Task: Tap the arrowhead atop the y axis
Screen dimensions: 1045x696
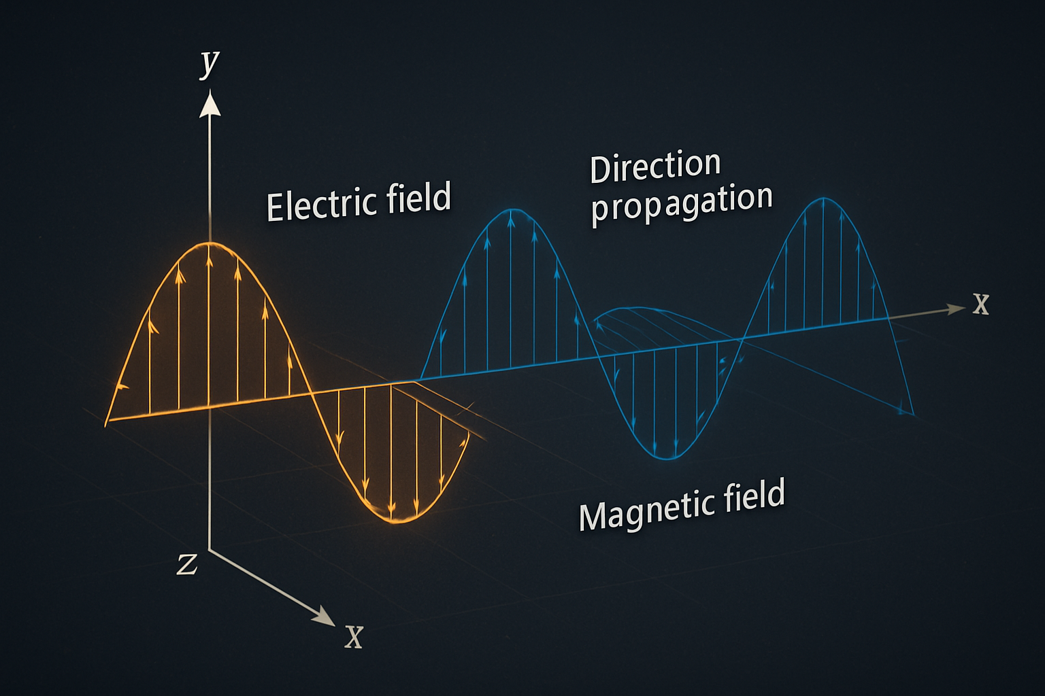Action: (x=210, y=103)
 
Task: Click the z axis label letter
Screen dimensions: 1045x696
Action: (x=187, y=565)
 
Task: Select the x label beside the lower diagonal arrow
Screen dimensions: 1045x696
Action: (x=354, y=637)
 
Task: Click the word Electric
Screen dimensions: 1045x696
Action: (x=322, y=204)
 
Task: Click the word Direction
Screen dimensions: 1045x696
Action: (x=655, y=167)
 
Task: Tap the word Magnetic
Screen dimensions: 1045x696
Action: (x=646, y=510)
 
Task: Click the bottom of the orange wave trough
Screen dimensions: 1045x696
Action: (x=395, y=521)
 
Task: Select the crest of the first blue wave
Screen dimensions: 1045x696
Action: (x=513, y=210)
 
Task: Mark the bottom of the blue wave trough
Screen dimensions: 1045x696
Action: (x=668, y=459)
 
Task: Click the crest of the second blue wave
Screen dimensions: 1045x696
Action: (x=824, y=198)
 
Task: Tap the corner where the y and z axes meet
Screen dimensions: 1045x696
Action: (x=210, y=550)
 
